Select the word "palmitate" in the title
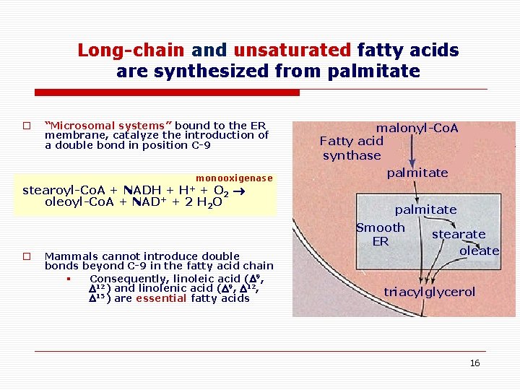(373, 71)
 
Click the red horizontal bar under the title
(168, 92)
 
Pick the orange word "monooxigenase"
(234, 178)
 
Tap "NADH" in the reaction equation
(142, 191)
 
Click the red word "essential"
(161, 298)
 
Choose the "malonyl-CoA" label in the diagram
(417, 128)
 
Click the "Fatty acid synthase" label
(352, 148)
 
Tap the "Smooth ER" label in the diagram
(381, 234)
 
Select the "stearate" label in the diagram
(459, 234)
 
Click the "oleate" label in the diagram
(480, 251)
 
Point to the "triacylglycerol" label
(430, 292)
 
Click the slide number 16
(474, 363)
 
